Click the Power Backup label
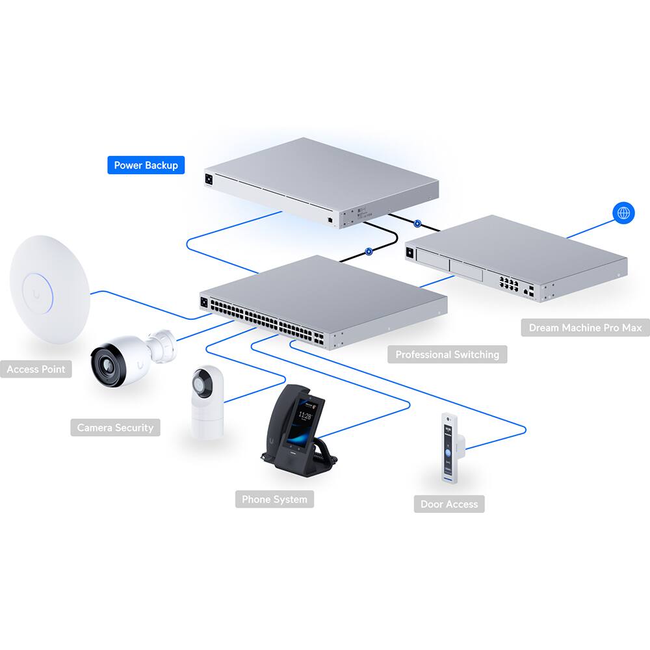(x=146, y=165)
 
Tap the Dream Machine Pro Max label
(x=585, y=327)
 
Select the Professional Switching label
(x=447, y=354)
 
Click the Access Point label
(x=36, y=369)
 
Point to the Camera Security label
(x=115, y=427)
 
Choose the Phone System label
(x=274, y=499)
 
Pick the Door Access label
(x=448, y=504)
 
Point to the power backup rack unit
(x=318, y=182)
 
